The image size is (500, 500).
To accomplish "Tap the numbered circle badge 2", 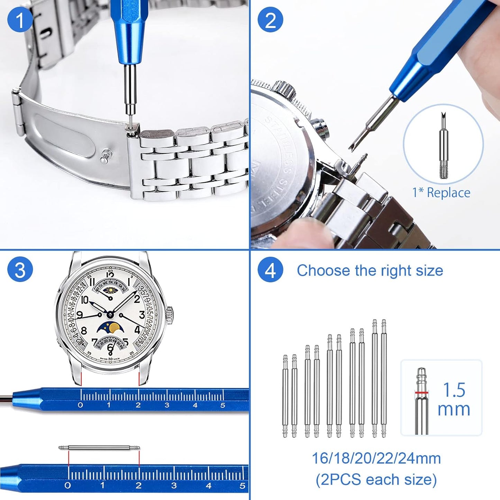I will [270, 20].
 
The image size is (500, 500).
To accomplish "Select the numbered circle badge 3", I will [20, 270].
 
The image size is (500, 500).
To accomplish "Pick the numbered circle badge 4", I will [270, 270].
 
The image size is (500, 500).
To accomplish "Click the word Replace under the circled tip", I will [448, 193].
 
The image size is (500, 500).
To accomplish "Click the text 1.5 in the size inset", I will [454, 390].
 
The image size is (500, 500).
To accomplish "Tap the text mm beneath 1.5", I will [454, 409].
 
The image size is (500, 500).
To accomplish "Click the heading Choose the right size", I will [370, 270].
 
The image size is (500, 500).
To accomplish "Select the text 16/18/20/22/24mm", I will [376, 458].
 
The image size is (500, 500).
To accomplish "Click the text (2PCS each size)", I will [376, 480].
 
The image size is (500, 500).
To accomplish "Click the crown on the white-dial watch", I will [170, 315].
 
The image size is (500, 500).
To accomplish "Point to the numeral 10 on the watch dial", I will [84, 300].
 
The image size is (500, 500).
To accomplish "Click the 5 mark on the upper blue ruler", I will [222, 405].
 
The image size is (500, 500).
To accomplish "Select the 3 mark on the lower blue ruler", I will [174, 485].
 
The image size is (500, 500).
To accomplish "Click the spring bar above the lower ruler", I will [99, 448].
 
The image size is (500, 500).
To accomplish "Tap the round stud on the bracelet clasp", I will [105, 156].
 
